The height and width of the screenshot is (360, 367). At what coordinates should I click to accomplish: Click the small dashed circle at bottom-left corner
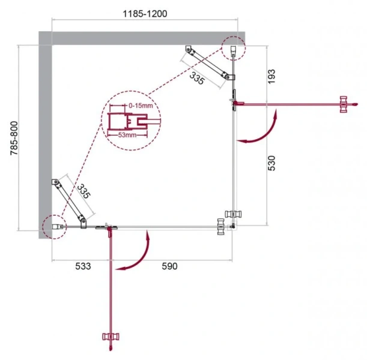click(x=53, y=227)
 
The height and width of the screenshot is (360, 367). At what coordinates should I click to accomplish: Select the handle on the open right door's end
click(x=344, y=103)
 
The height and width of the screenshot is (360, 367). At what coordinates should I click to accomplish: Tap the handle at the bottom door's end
click(x=110, y=341)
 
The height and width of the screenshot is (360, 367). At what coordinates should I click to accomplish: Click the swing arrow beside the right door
click(x=261, y=129)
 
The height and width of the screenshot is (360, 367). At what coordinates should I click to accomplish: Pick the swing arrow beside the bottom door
click(x=135, y=255)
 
